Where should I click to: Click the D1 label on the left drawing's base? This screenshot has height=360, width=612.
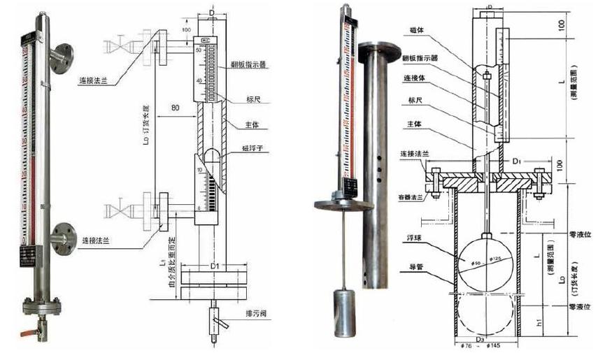point(215,266)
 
